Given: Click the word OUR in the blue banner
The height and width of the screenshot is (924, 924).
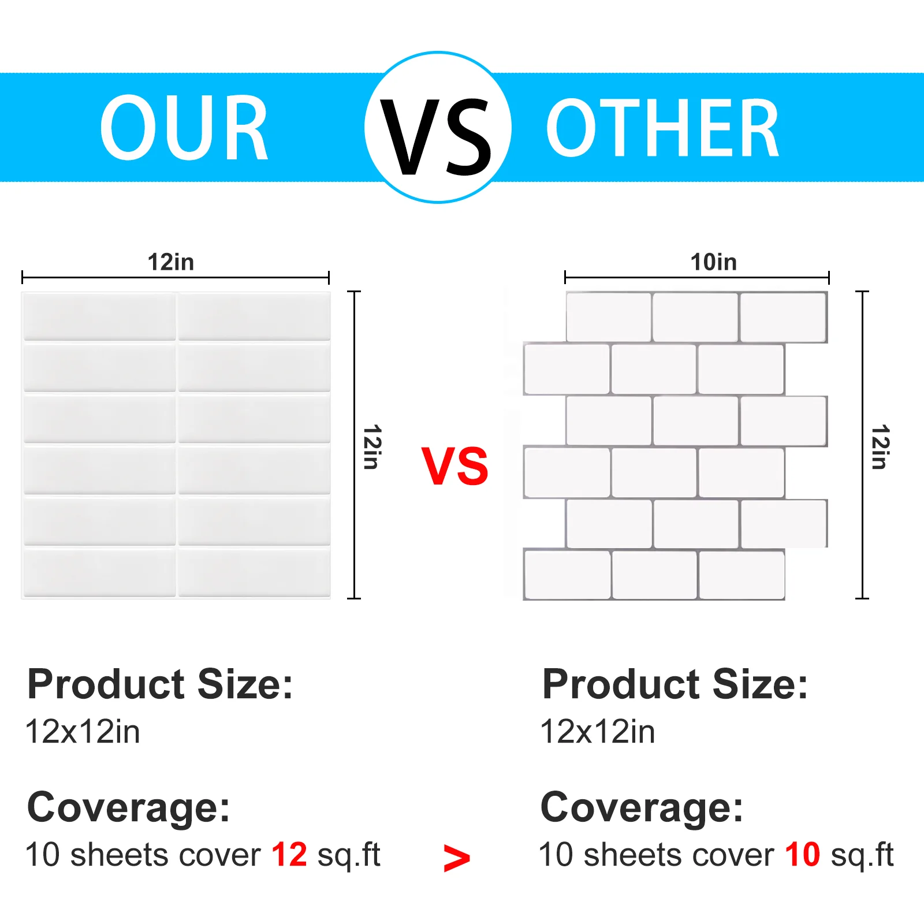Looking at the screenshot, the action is (184, 128).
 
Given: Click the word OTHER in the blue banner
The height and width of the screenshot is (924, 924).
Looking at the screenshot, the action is (663, 128).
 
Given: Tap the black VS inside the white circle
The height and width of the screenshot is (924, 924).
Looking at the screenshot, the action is (437, 137).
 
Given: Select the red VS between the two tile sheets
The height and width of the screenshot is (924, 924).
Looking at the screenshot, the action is (455, 466).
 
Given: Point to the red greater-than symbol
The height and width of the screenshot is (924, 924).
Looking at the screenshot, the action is (456, 858).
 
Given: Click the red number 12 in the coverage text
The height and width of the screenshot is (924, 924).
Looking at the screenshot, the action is (289, 855).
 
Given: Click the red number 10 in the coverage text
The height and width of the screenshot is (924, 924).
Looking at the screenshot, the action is (802, 855).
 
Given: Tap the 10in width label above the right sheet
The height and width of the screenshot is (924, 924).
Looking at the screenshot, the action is (714, 262).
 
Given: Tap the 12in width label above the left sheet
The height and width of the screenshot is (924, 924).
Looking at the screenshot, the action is (171, 262).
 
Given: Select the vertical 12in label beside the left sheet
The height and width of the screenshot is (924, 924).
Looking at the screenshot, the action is (372, 447).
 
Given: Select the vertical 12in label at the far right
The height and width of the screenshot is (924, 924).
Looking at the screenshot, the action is (880, 447).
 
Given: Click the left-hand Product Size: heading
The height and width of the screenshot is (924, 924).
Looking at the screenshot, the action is (160, 685).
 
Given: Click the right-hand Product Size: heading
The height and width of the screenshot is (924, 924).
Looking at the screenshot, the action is (675, 685).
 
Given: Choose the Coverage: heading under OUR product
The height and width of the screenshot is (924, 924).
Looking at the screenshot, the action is (128, 807).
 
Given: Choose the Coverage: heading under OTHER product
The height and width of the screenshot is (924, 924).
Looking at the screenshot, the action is (642, 807).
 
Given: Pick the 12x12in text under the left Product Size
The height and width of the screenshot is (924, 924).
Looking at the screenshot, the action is (83, 732).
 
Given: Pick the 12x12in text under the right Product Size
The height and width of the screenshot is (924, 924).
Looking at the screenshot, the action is (598, 732).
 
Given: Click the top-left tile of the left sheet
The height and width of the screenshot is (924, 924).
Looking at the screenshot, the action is (99, 316).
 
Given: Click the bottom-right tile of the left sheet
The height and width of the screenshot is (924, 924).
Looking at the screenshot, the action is (254, 572).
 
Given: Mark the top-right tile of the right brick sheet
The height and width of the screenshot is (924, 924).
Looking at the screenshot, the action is (783, 317).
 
